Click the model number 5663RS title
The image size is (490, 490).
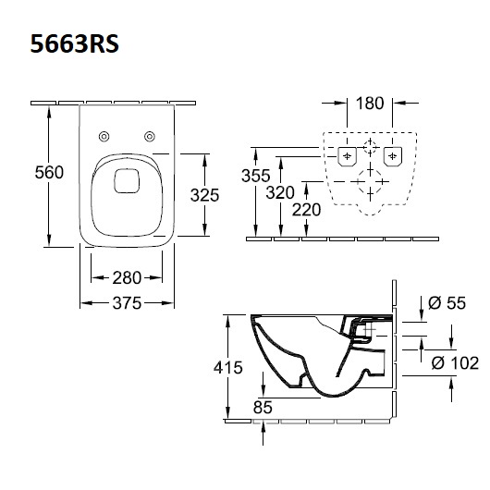pyautogui.click(x=74, y=43)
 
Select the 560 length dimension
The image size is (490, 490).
pyautogui.click(x=49, y=172)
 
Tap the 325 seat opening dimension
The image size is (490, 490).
pyautogui.click(x=204, y=195)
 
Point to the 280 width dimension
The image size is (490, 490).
pyautogui.click(x=127, y=277)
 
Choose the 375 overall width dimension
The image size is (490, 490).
pyautogui.click(x=127, y=303)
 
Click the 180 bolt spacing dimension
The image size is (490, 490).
pyautogui.click(x=370, y=104)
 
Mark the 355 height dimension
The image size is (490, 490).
pyautogui.click(x=255, y=176)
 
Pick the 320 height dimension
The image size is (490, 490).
pyautogui.click(x=280, y=192)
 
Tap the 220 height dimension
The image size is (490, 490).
pyautogui.click(x=306, y=209)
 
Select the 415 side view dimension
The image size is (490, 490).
pyautogui.click(x=228, y=367)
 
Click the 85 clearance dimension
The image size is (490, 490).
pyautogui.click(x=263, y=407)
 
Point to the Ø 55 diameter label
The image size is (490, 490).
pyautogui.click(x=447, y=303)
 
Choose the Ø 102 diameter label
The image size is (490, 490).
pyautogui.click(x=455, y=362)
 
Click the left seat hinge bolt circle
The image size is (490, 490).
pyautogui.click(x=104, y=136)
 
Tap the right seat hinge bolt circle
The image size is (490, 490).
pyautogui.click(x=150, y=136)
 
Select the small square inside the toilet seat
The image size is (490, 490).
pyautogui.click(x=127, y=180)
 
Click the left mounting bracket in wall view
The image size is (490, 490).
pyautogui.click(x=347, y=156)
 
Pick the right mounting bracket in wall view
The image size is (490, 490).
pyautogui.click(x=393, y=156)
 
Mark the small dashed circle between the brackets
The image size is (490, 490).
pyautogui.click(x=370, y=147)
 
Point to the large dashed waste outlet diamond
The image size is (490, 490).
pyautogui.click(x=370, y=181)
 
